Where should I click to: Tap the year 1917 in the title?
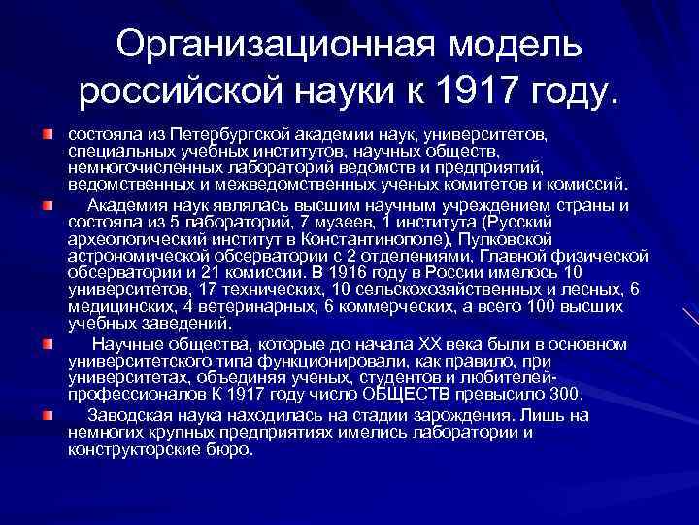tap(482, 92)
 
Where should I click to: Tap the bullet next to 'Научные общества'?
tap(46, 345)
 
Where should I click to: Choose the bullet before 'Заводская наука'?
tap(46, 415)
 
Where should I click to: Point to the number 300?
tap(565, 395)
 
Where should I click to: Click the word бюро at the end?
tap(232, 451)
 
